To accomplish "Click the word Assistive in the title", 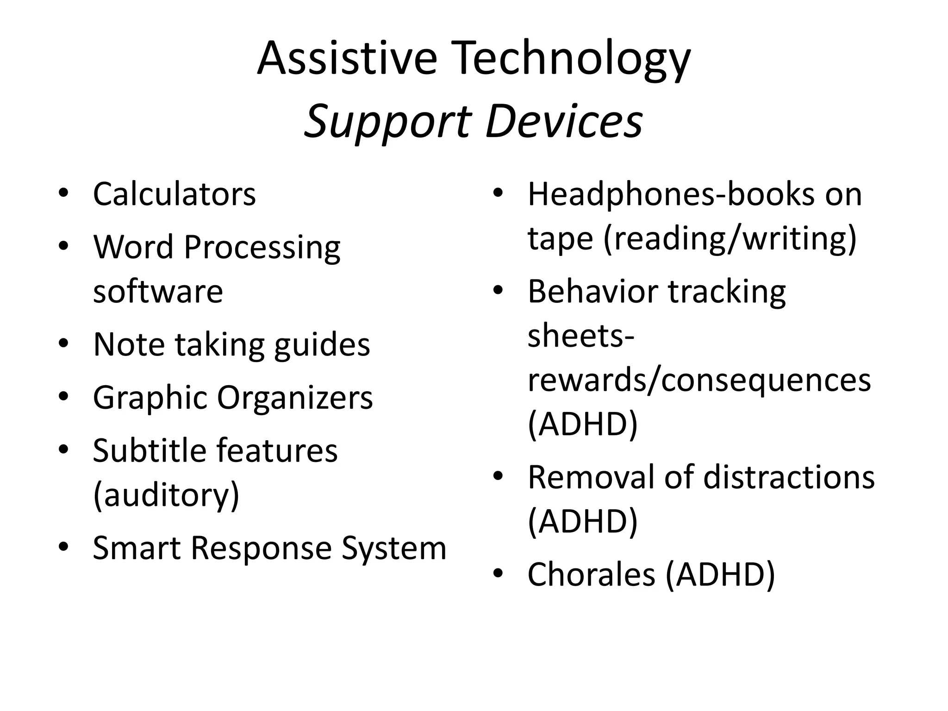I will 347,58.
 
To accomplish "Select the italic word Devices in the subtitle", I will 564,121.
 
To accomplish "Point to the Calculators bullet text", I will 174,194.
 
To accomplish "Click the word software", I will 158,291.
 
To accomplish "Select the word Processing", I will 262,248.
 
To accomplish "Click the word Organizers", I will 295,398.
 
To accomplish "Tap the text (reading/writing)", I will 730,239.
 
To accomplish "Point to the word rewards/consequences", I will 699,380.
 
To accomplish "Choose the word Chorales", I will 591,574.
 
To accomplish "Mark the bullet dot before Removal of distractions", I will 498,475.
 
